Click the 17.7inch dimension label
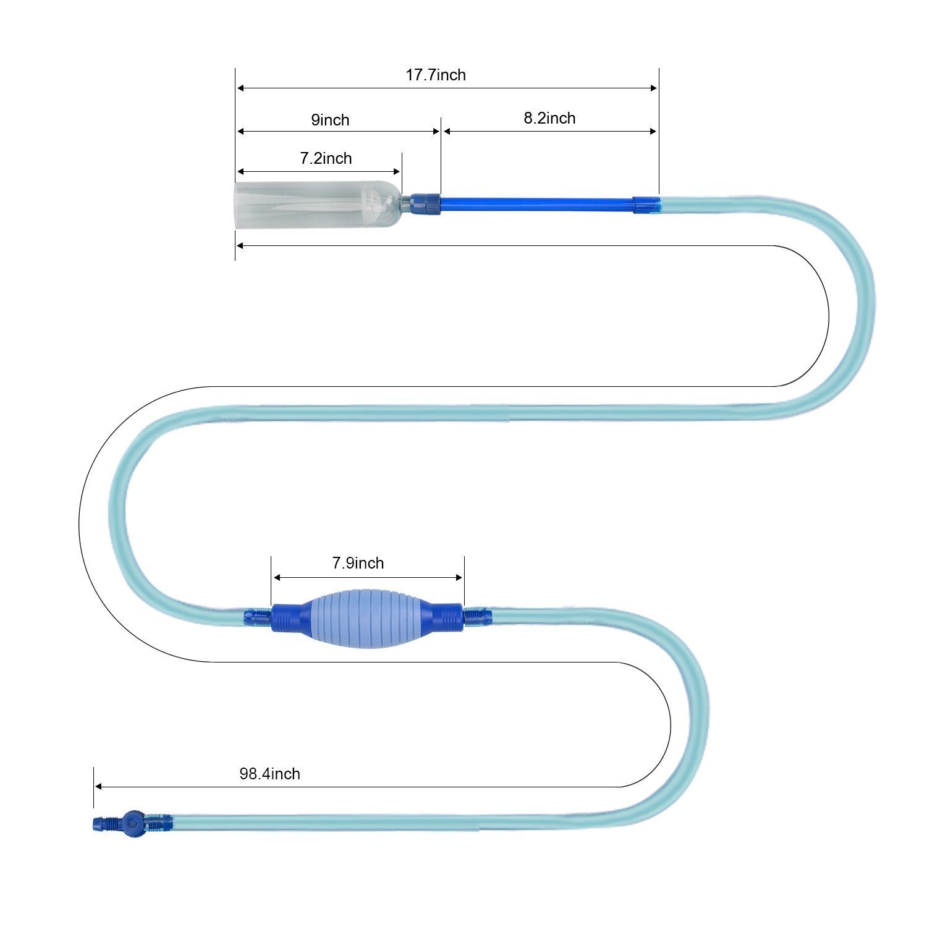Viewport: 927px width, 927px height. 436,75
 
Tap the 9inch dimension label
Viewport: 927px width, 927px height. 330,120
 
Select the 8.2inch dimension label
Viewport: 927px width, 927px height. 549,118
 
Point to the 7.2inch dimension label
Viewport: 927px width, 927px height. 326,158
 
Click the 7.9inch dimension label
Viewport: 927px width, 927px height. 358,563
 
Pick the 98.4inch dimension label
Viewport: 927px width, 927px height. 269,774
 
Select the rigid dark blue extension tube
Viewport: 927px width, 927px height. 536,204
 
